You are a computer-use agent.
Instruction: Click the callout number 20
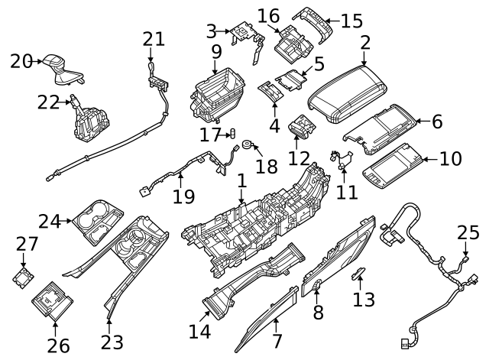(21, 61)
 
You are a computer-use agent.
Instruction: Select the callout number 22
(47, 102)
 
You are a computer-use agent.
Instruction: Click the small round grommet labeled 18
(248, 144)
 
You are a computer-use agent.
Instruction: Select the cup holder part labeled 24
(98, 223)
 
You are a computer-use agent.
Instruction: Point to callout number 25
(466, 232)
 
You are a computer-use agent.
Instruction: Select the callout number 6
(437, 121)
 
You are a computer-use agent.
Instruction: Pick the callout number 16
(268, 16)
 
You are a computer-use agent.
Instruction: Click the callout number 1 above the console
(242, 182)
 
